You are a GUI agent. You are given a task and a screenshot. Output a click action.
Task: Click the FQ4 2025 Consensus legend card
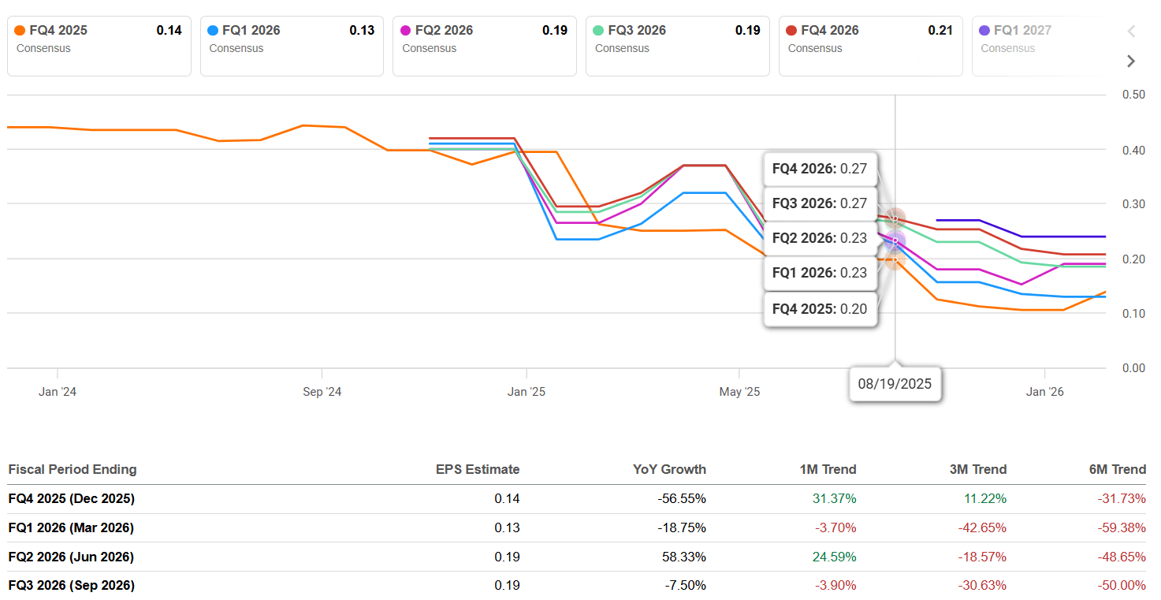[x=99, y=46]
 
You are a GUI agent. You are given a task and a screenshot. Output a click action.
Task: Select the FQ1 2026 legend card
[x=292, y=46]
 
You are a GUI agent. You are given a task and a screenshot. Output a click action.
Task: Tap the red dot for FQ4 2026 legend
[x=791, y=31]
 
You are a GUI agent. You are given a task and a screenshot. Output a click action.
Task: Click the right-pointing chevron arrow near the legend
[x=1131, y=61]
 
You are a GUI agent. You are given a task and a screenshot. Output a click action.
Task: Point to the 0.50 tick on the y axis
[x=1133, y=95]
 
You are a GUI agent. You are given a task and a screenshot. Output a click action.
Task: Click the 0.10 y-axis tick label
[x=1133, y=314]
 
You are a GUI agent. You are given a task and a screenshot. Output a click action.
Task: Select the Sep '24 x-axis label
[x=322, y=392]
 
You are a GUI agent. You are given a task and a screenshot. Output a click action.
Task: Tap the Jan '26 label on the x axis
[x=1044, y=392]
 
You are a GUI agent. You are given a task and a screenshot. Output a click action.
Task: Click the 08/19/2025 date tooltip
[x=895, y=384]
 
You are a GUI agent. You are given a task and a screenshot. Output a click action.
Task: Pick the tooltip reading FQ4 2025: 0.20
[x=820, y=309]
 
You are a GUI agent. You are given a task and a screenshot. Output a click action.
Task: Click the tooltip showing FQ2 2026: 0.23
[x=820, y=238]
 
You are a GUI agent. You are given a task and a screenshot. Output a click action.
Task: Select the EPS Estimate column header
[x=478, y=469]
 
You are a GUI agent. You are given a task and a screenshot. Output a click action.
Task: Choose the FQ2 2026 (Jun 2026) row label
[x=71, y=557]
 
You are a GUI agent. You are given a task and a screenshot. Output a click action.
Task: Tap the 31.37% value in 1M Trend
[x=834, y=498]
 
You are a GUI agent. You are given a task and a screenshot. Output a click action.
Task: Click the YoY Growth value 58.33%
[x=683, y=557]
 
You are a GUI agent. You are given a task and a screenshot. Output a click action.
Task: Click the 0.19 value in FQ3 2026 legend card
[x=747, y=31]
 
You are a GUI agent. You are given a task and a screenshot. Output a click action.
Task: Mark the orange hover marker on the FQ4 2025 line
[x=895, y=259]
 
